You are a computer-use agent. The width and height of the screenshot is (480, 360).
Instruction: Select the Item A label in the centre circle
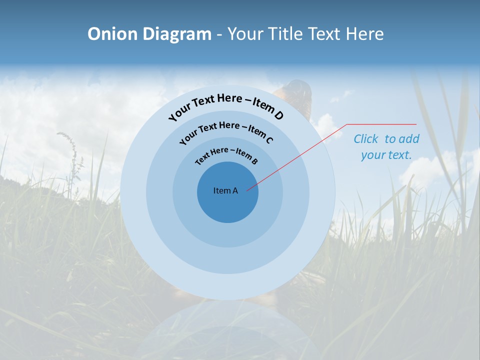pos(225,190)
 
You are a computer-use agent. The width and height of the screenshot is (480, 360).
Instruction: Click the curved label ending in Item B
pos(226,155)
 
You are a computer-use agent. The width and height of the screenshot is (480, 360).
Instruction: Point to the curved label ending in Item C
pos(226,131)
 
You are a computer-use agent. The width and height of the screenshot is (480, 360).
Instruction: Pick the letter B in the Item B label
pos(254,161)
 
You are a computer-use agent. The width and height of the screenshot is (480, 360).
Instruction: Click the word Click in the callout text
pos(366,139)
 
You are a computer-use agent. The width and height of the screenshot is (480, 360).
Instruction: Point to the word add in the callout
pos(409,139)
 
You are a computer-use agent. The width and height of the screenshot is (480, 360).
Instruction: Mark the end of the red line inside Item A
pos(247,190)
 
